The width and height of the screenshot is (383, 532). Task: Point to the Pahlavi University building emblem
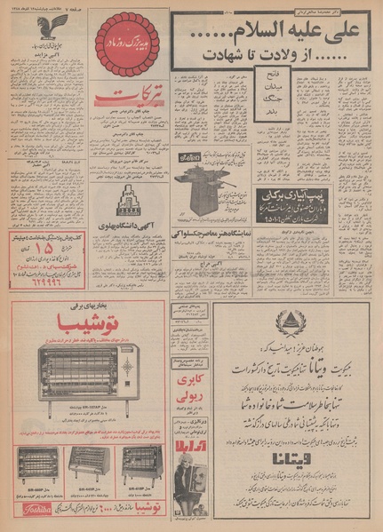(x=131, y=202)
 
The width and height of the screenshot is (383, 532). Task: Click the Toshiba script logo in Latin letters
(x=34, y=509)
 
